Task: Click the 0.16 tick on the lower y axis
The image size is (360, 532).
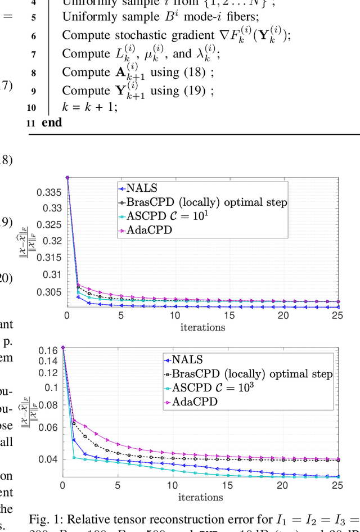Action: coord(47,349)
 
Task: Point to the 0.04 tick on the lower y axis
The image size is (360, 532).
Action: coord(47,459)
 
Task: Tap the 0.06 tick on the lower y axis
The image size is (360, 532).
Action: coord(47,427)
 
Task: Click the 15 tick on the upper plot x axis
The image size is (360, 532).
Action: coord(229,316)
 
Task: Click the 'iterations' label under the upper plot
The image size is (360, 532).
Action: coord(202,327)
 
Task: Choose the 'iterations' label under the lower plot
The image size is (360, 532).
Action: coord(201,497)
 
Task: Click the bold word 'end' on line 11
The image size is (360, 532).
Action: coord(51,122)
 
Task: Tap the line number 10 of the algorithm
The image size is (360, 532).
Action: coord(31,107)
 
